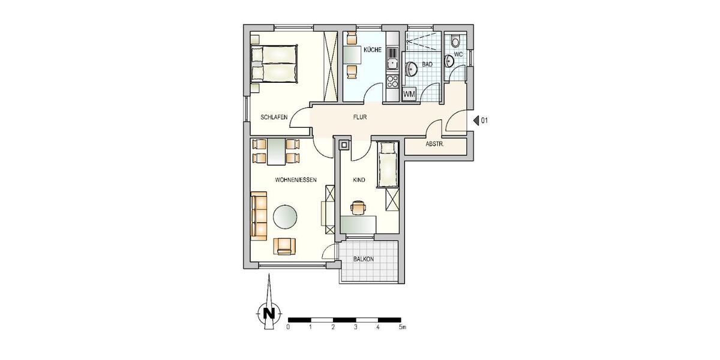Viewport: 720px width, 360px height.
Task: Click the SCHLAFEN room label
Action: [x=273, y=118]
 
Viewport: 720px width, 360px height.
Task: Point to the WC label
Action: [x=459, y=54]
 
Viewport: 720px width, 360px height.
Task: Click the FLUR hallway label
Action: [x=359, y=118]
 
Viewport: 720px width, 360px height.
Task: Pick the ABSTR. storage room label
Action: [x=434, y=144]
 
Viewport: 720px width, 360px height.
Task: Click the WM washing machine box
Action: [x=410, y=94]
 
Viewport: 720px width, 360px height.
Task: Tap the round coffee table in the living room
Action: [x=285, y=217]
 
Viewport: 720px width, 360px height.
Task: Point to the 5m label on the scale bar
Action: [x=403, y=328]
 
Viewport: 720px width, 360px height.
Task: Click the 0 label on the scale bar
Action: [x=289, y=328]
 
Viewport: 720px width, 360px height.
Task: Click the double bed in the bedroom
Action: [x=274, y=64]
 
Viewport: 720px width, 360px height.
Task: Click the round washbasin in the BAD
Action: [x=412, y=69]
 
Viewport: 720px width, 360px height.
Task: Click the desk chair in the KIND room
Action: [x=358, y=207]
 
